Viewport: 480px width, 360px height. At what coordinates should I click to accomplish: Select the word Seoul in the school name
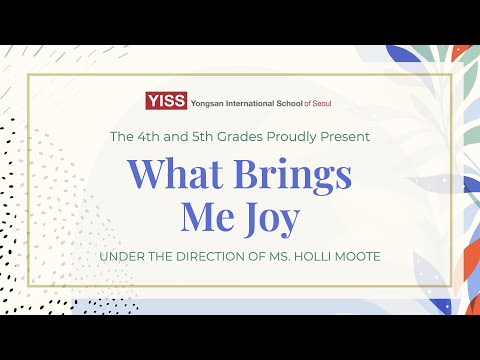[322, 100]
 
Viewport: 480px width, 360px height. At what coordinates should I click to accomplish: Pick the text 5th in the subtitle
[201, 135]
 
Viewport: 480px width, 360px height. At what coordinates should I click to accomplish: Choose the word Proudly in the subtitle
[295, 135]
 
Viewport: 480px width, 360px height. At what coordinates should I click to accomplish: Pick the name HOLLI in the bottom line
[315, 258]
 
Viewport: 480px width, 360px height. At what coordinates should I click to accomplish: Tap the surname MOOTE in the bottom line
[359, 258]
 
